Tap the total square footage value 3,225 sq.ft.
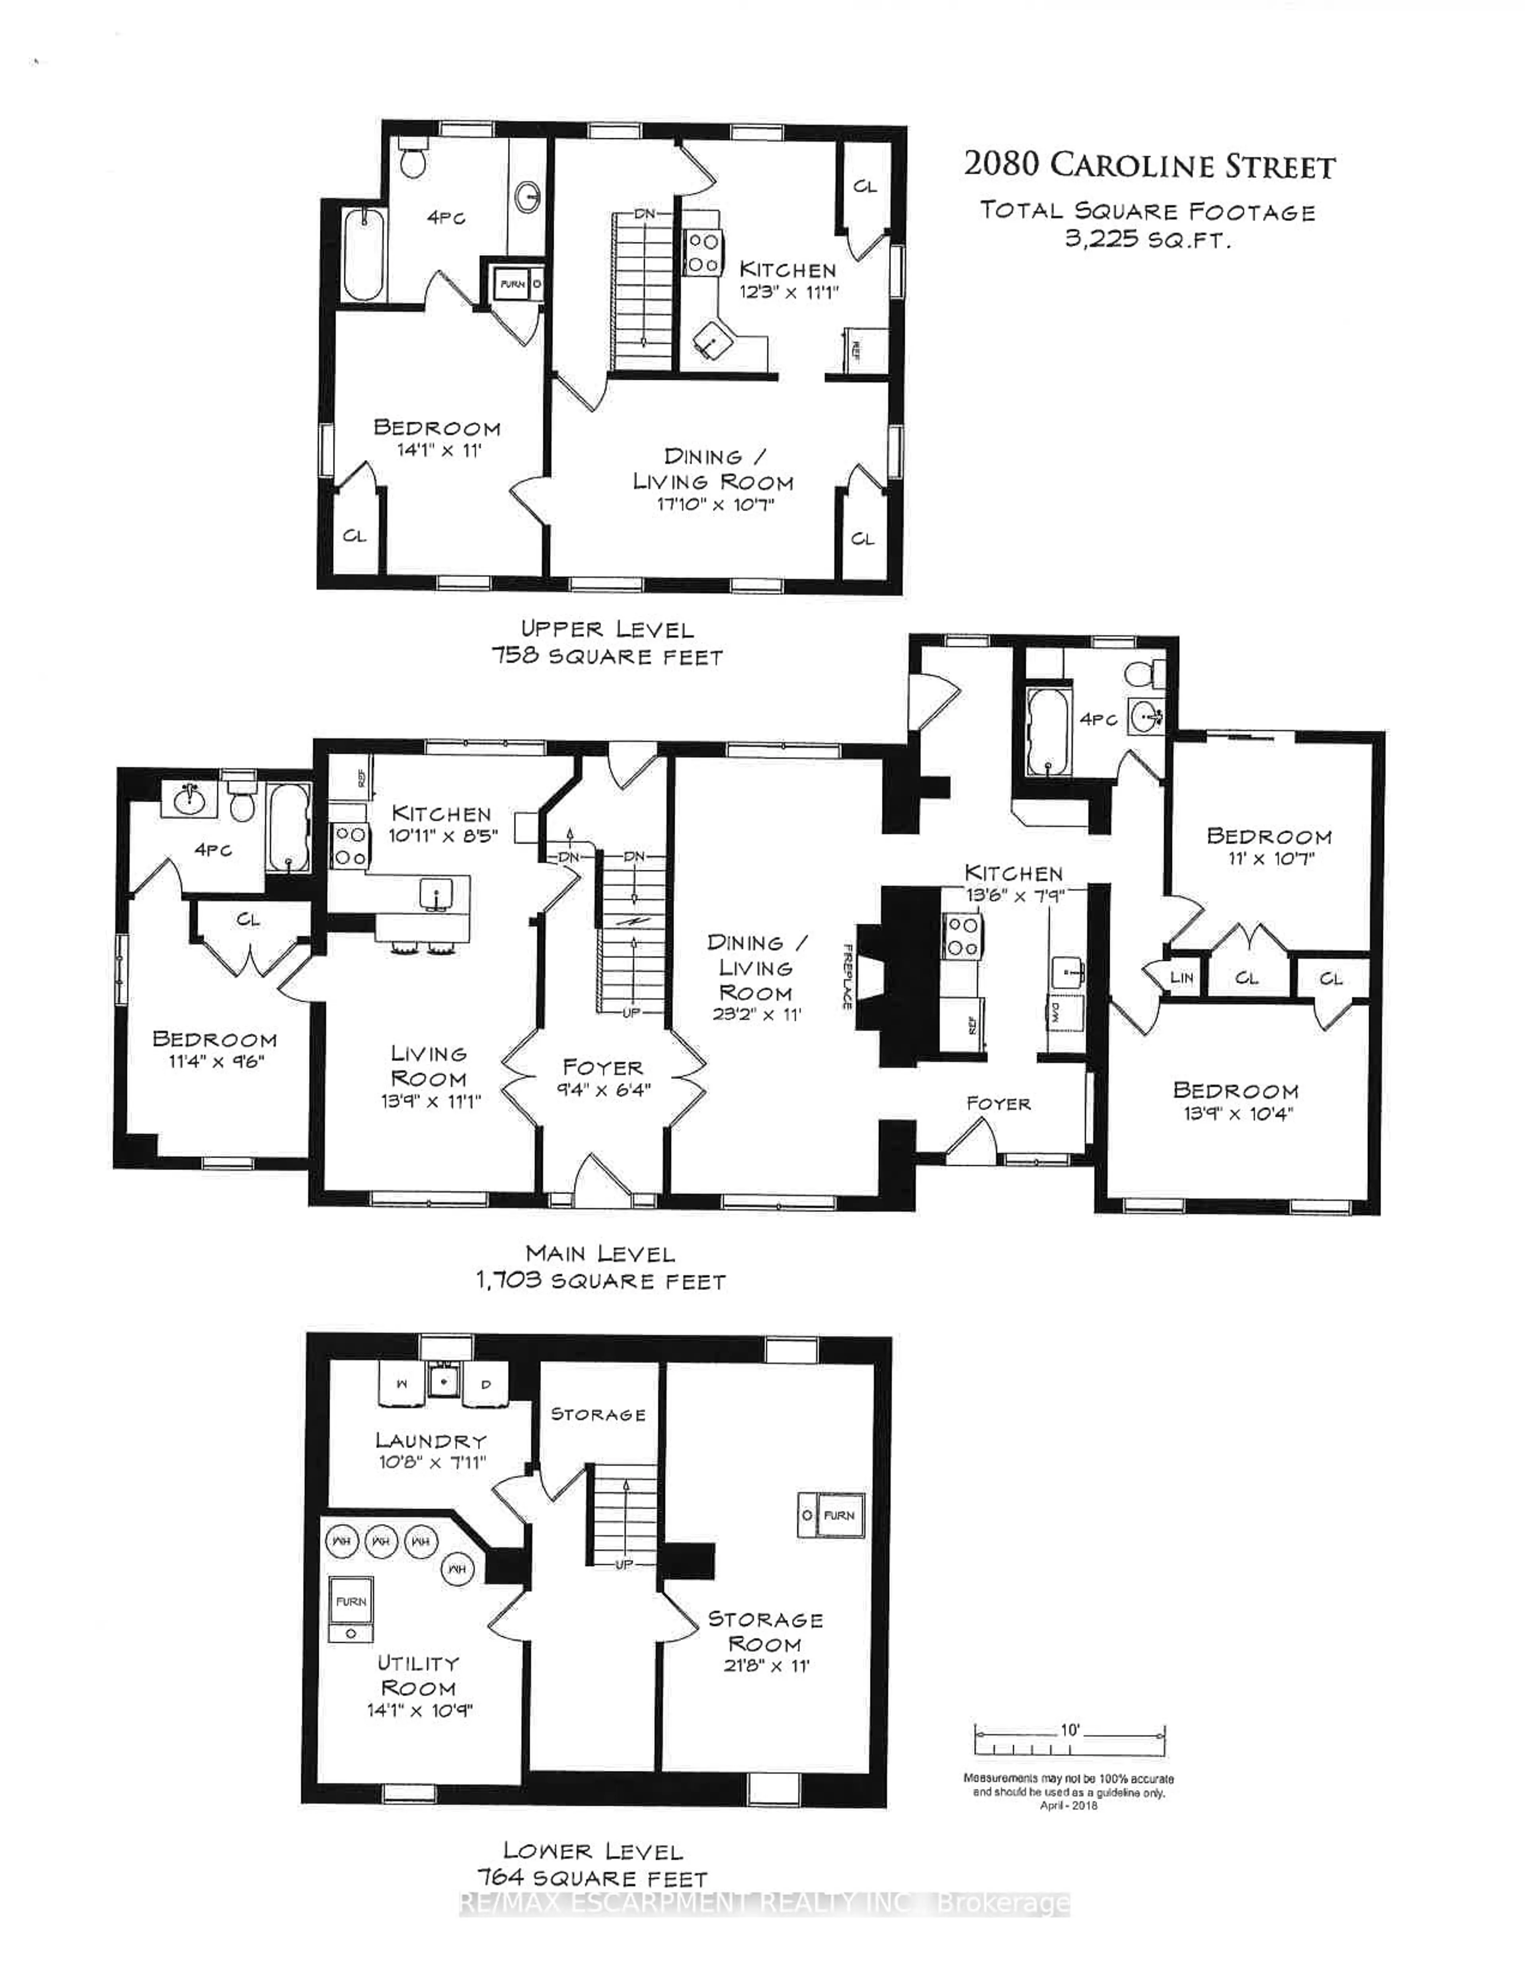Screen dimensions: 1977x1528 click(x=1148, y=241)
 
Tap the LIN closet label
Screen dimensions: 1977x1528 click(x=1181, y=978)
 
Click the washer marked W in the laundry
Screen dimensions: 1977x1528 click(x=402, y=1384)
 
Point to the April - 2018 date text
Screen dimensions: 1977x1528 click(x=1068, y=1806)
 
